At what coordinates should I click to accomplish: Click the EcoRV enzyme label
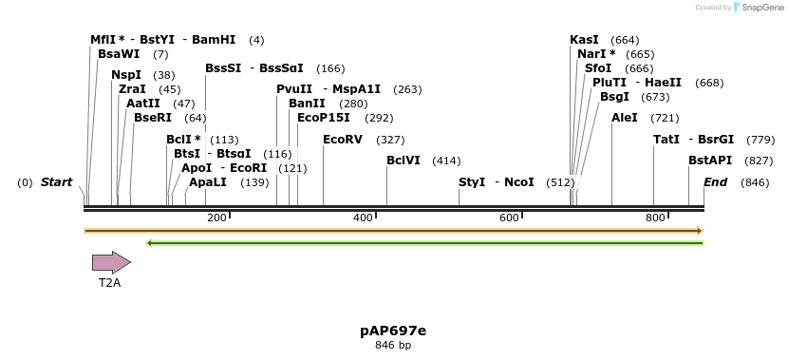[x=343, y=140]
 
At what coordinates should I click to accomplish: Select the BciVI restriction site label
[x=403, y=161]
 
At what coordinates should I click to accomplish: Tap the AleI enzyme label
[x=625, y=118]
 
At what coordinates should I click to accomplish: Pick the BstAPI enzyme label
[x=710, y=161]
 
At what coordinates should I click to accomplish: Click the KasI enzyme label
[x=584, y=40]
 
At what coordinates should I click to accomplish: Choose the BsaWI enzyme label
[x=119, y=54]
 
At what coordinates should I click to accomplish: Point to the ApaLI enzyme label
[x=208, y=182]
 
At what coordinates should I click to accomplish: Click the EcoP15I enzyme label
[x=324, y=118]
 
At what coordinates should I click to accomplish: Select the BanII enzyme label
[x=307, y=104]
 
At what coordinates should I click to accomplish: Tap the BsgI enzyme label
[x=614, y=97]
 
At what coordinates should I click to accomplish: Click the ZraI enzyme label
[x=132, y=89]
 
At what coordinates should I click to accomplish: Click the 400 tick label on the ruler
[x=363, y=218]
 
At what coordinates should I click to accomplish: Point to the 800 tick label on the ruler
[x=655, y=218]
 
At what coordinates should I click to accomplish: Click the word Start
[x=56, y=182]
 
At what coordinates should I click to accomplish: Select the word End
[x=715, y=182]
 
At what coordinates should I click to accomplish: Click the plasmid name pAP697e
[x=393, y=331]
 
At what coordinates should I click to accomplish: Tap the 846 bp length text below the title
[x=393, y=346]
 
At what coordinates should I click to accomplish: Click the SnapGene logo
[x=757, y=8]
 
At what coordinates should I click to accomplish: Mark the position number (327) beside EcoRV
[x=390, y=140]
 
